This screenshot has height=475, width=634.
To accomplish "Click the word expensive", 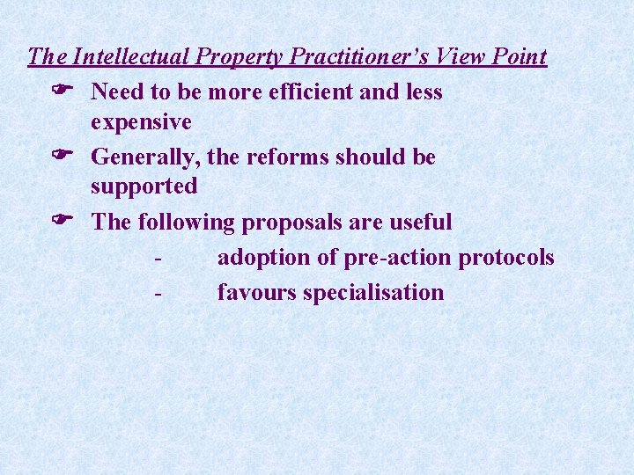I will [x=141, y=122].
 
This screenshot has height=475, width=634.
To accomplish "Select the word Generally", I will [x=148, y=157].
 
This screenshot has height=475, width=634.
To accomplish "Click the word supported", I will [x=144, y=187].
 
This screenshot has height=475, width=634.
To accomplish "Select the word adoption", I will [x=261, y=258].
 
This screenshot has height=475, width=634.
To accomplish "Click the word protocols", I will [x=507, y=258].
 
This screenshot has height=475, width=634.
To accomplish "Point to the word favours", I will [x=256, y=293].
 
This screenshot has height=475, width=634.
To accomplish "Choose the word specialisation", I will [x=373, y=293].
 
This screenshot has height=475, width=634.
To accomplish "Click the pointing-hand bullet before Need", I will [x=62, y=91].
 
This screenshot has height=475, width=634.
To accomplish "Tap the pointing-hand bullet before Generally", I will [x=62, y=157].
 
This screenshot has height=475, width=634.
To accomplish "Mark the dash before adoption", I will [x=156, y=259].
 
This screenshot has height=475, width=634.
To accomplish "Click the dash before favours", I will [x=156, y=294].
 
